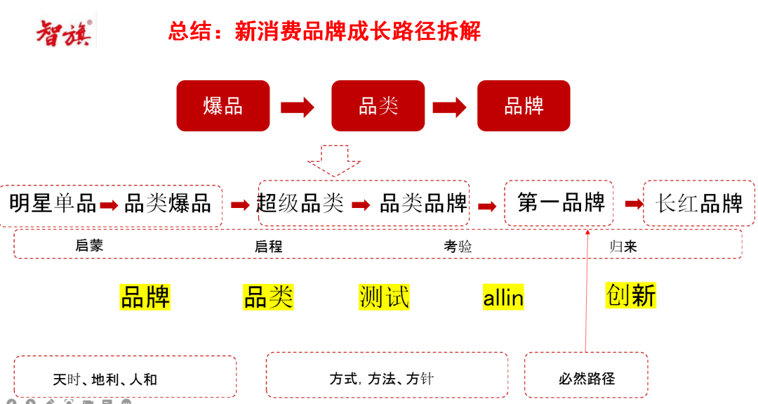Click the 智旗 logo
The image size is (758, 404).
pos(64,32)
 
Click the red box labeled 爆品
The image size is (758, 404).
pos(223,106)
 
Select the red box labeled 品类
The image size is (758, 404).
pos(378,106)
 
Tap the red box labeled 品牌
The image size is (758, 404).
pos(524,106)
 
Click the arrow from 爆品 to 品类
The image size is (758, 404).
pos(298,107)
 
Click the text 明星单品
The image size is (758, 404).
pos(53,204)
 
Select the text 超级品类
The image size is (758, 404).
pos(300,203)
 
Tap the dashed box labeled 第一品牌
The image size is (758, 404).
pos(559,203)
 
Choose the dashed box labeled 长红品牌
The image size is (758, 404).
pos(699,204)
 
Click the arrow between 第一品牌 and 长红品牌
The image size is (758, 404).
pos(634,204)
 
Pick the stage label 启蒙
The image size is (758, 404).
pos(89,246)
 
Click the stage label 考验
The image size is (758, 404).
pos(458,246)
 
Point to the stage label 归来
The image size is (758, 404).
pos(623,246)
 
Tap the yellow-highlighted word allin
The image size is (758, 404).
pos(503,298)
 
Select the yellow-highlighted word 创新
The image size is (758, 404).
pos(630,296)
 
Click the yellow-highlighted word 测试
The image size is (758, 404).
pos(384,297)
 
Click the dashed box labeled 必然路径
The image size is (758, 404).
pos(586,378)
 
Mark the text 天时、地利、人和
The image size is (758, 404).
pos(105,379)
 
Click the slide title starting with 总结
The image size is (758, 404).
pos(324,32)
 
